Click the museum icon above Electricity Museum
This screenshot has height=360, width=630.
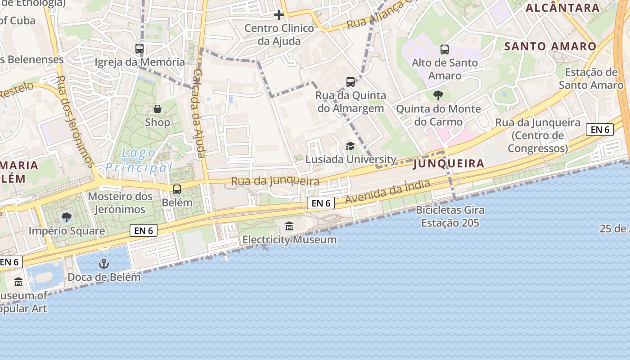click(289, 226)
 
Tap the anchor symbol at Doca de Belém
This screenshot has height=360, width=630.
click(104, 264)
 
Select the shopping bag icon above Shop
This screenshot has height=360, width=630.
click(157, 109)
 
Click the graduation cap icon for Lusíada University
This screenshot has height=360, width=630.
click(350, 146)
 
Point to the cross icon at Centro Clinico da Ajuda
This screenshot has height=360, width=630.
click(279, 15)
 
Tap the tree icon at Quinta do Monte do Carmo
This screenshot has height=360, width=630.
click(438, 95)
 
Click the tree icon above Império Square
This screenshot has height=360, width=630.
click(67, 218)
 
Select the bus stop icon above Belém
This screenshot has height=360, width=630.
click(177, 189)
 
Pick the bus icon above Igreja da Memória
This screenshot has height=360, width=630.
click(139, 49)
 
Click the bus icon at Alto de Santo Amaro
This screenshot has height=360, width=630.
click(445, 49)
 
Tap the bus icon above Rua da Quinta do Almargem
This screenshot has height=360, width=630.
click(351, 82)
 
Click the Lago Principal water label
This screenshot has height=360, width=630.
click(139, 161)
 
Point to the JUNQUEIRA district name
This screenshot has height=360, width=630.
click(449, 163)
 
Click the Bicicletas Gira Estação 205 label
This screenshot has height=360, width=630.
click(450, 216)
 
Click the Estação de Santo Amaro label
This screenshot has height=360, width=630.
click(591, 79)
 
